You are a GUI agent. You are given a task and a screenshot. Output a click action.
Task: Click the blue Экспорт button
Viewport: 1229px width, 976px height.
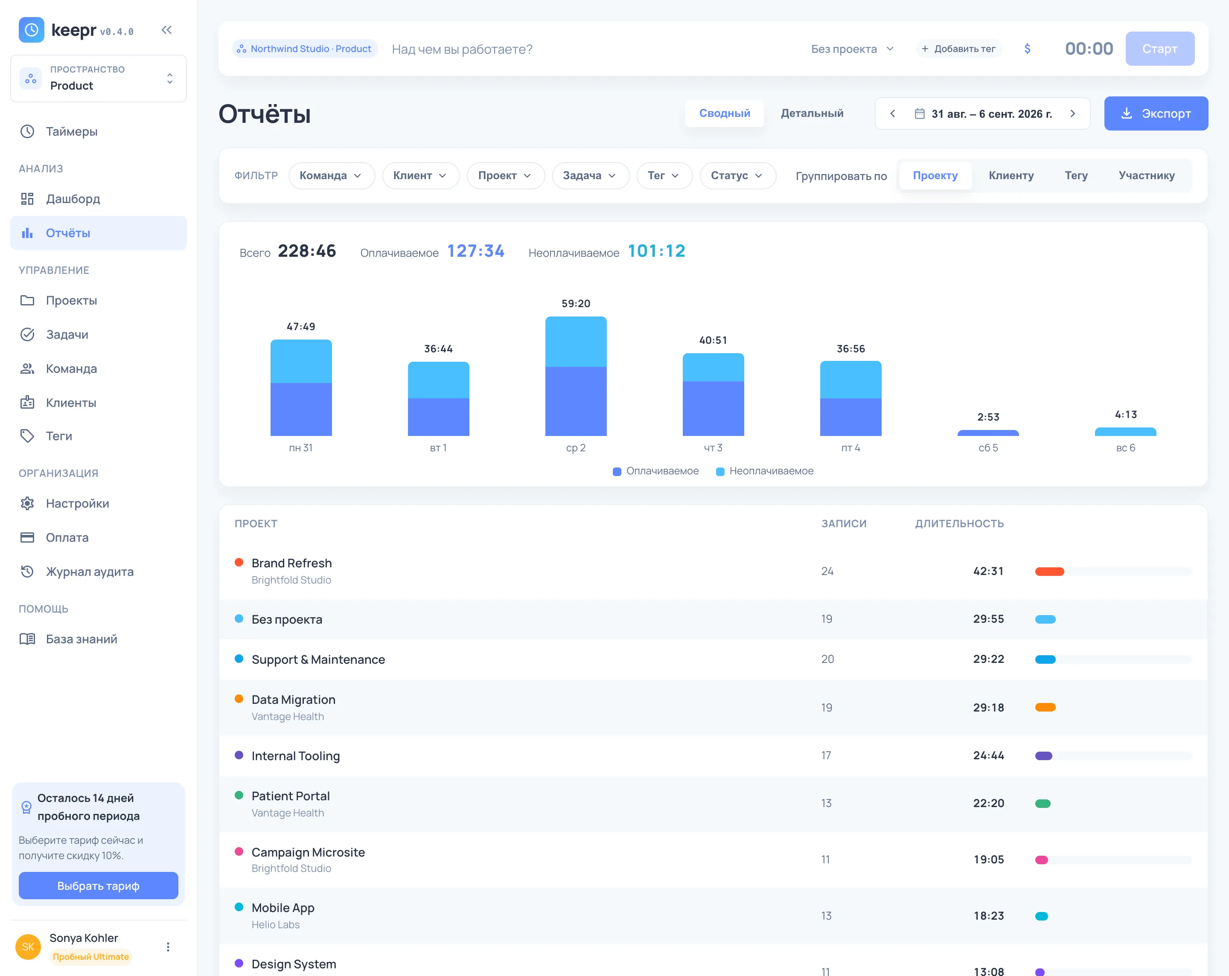coord(1156,113)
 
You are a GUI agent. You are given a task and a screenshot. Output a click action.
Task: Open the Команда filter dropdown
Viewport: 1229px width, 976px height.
coord(331,175)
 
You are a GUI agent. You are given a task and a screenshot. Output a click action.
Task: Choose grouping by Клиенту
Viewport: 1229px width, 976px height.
coord(1011,175)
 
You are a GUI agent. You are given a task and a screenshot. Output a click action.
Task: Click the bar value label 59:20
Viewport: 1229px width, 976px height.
coord(576,304)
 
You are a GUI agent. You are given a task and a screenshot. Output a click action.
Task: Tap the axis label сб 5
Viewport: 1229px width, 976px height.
coord(988,448)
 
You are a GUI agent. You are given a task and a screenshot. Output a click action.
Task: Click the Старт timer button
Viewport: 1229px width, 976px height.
coord(1159,49)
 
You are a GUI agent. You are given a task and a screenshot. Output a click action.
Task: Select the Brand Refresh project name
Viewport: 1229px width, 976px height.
coord(291,563)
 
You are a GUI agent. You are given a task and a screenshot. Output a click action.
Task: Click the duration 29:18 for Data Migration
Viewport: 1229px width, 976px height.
coord(988,707)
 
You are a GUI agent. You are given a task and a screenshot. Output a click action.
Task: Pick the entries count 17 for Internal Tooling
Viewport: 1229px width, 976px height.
coord(826,755)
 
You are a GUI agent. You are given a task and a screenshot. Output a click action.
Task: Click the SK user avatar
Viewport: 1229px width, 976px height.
coord(28,947)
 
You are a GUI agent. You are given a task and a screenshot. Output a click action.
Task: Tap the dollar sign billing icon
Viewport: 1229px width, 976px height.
coord(1027,49)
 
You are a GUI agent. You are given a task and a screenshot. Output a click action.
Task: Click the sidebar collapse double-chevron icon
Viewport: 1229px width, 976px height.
coord(166,29)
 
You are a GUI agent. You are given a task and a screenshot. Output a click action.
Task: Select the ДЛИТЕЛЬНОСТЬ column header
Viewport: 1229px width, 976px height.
coord(959,523)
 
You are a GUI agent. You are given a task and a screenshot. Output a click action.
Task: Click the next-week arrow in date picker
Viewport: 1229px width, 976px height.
coord(1072,113)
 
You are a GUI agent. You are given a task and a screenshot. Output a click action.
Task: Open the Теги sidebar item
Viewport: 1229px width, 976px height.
coord(59,436)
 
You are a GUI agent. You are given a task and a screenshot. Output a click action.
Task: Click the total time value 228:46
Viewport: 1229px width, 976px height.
coord(307,251)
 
